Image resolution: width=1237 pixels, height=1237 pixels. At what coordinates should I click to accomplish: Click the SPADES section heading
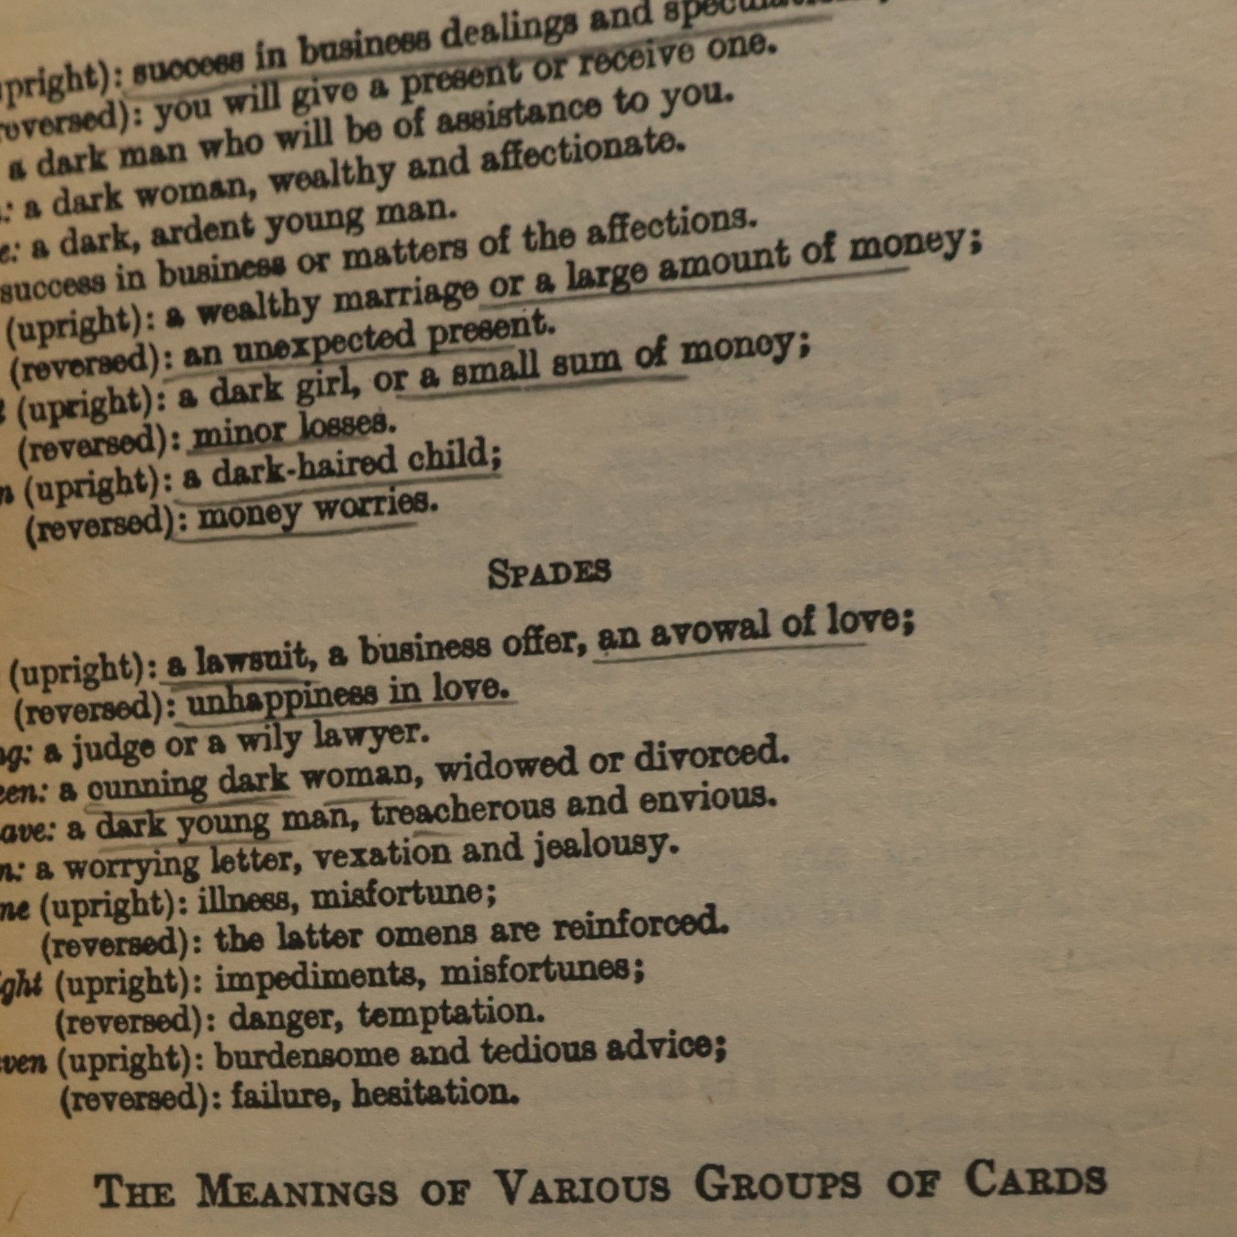point(548,573)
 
